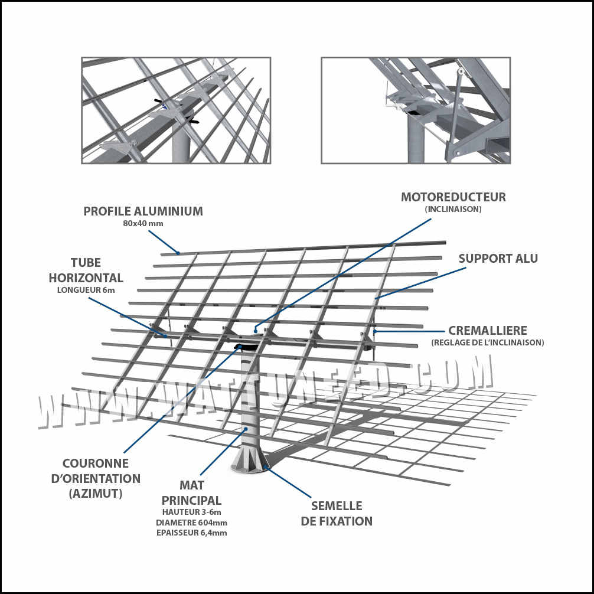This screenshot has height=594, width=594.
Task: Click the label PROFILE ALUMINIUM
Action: pyautogui.click(x=143, y=211)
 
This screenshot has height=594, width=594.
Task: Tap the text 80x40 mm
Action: pyautogui.click(x=143, y=224)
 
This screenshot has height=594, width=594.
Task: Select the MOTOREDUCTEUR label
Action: pyautogui.click(x=453, y=197)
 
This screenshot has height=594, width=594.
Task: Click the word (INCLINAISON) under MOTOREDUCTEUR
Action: pyautogui.click(x=453, y=209)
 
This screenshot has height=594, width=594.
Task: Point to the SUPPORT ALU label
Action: pyautogui.click(x=498, y=259)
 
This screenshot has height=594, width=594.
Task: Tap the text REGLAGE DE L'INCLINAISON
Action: pyautogui.click(x=488, y=342)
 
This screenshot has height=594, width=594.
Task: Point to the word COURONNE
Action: pyautogui.click(x=96, y=464)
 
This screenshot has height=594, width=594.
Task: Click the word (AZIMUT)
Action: pyautogui.click(x=96, y=494)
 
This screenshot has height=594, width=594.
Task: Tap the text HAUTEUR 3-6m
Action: pyautogui.click(x=191, y=511)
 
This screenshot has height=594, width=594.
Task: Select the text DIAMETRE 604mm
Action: pyautogui.click(x=191, y=522)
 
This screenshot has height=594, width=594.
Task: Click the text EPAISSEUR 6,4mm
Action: pyautogui.click(x=191, y=533)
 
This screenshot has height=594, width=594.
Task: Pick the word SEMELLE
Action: pyautogui.click(x=337, y=506)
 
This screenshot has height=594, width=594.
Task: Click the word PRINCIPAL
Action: pyautogui.click(x=191, y=500)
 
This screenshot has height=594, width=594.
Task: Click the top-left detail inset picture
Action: pyautogui.click(x=176, y=110)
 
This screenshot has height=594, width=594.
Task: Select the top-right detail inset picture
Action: pyautogui.click(x=416, y=110)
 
